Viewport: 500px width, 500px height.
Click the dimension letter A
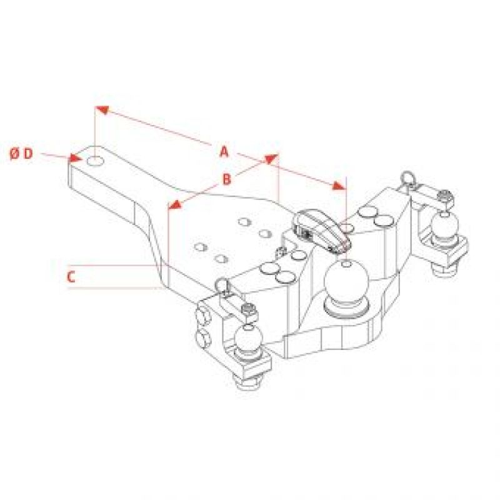(x=224, y=151)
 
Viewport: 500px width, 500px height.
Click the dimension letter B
(x=226, y=179)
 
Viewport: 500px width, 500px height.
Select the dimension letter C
(x=71, y=277)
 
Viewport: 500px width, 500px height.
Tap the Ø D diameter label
(x=21, y=154)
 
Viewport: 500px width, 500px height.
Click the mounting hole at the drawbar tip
(x=96, y=161)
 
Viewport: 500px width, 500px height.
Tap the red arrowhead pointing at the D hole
(x=76, y=158)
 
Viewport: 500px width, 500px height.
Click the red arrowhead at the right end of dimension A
(x=339, y=185)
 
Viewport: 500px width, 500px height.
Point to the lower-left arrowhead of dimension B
(x=174, y=205)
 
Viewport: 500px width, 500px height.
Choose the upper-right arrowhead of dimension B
(x=272, y=159)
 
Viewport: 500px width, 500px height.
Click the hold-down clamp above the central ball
(x=322, y=231)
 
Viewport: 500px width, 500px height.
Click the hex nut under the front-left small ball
(x=247, y=379)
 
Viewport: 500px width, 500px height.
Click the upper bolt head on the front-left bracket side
(x=203, y=315)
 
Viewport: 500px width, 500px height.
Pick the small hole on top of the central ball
(x=346, y=264)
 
